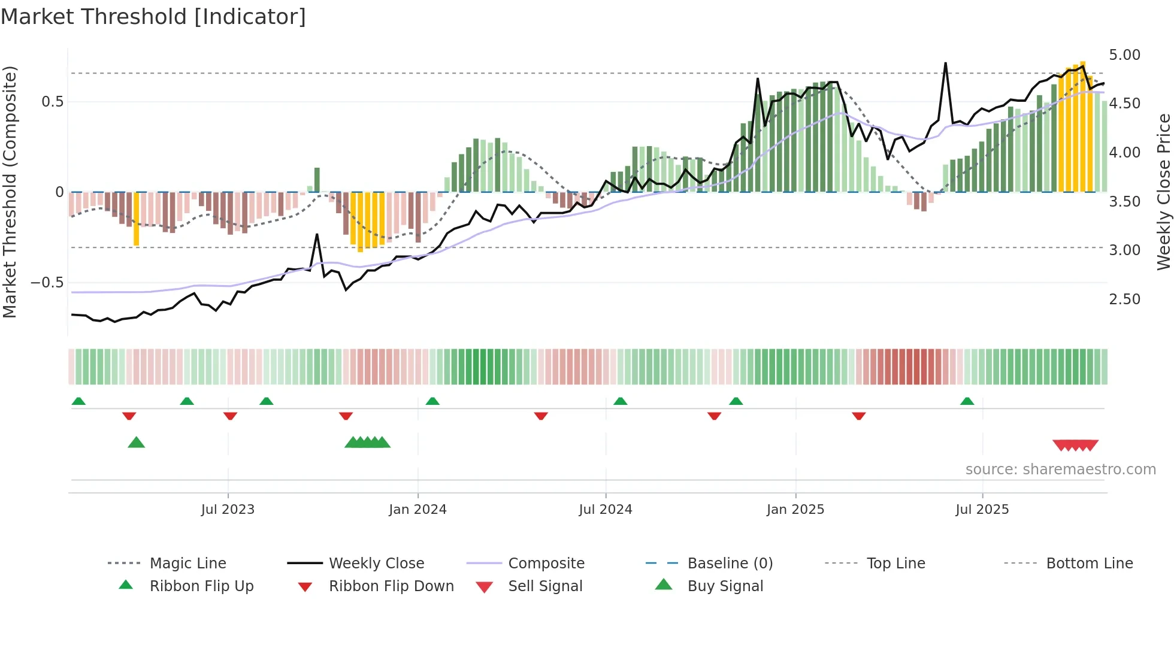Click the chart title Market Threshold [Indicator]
(x=153, y=17)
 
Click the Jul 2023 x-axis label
(x=228, y=510)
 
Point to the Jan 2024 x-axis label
(x=417, y=510)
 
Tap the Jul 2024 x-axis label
(x=605, y=510)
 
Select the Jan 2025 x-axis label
(x=795, y=510)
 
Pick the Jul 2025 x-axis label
(x=982, y=510)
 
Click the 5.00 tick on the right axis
(x=1124, y=55)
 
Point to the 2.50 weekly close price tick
(x=1124, y=299)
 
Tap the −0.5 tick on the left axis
(x=47, y=282)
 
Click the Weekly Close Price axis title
(x=1163, y=192)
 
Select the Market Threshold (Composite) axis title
(x=10, y=192)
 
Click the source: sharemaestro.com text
(x=1060, y=470)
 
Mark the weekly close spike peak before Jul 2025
(x=945, y=63)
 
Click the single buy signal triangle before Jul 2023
(x=137, y=443)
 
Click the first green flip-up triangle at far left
(x=78, y=401)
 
